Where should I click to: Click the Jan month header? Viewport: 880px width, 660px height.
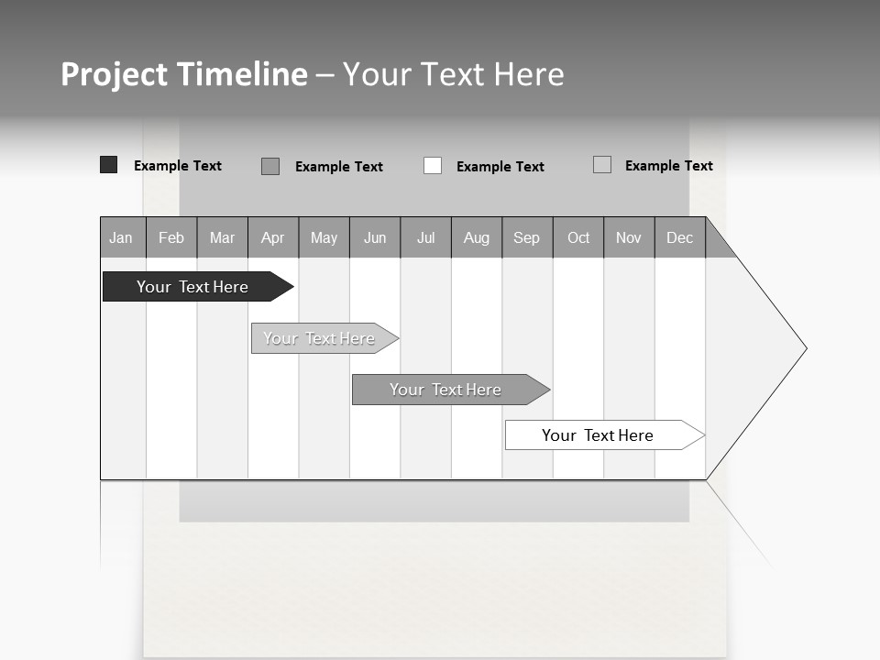[x=122, y=238]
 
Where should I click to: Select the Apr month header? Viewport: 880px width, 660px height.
[x=272, y=238]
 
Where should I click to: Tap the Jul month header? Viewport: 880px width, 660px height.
[x=425, y=238]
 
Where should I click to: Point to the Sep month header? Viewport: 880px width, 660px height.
[x=526, y=238]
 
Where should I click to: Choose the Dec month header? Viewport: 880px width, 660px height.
[x=679, y=238]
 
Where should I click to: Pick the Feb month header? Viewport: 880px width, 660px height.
[x=171, y=238]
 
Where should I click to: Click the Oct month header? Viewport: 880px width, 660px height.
[x=577, y=238]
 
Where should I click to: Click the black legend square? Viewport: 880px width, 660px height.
[x=108, y=165]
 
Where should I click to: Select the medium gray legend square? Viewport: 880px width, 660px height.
[x=270, y=166]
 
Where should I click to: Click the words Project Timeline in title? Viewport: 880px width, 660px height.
[x=184, y=74]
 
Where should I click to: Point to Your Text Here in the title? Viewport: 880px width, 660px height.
[x=453, y=74]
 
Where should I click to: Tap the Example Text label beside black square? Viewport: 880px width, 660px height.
[x=178, y=166]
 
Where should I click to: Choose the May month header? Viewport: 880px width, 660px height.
[x=324, y=238]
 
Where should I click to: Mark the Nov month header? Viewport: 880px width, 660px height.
[x=628, y=238]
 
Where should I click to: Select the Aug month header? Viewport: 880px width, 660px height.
[x=476, y=238]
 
